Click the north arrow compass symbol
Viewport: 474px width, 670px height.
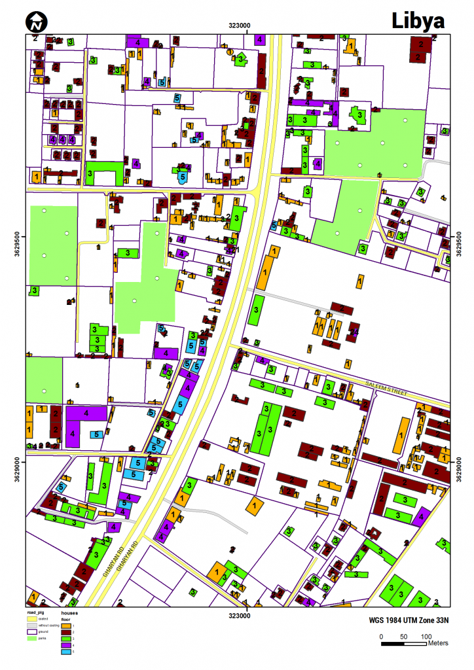click(x=37, y=22)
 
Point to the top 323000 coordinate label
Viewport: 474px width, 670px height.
click(x=239, y=26)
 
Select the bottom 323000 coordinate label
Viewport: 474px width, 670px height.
click(x=239, y=615)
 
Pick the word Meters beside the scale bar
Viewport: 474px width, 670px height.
click(x=438, y=643)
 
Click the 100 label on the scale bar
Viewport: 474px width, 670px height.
click(x=426, y=636)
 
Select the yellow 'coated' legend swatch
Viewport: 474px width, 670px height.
click(x=31, y=620)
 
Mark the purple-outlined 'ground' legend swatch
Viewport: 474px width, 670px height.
click(x=31, y=631)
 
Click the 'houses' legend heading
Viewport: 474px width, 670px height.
click(x=70, y=613)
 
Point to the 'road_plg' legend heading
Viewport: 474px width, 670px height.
click(x=36, y=613)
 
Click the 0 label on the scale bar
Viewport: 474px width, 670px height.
click(x=381, y=636)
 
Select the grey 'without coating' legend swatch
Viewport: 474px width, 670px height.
click(x=31, y=626)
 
